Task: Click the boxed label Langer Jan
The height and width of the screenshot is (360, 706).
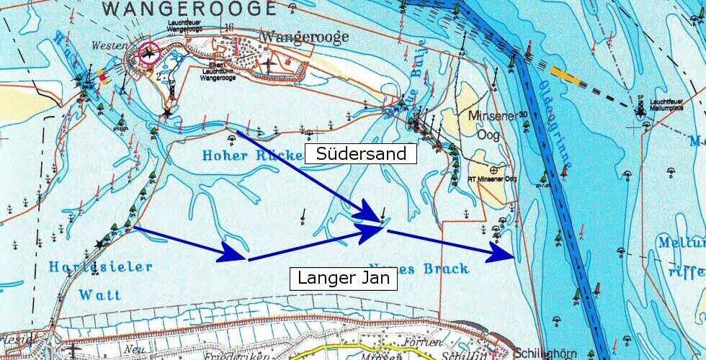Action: tap(343, 279)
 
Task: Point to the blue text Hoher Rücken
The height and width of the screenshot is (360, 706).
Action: tap(242, 155)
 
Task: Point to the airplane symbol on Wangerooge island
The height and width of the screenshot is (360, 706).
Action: tap(269, 65)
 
